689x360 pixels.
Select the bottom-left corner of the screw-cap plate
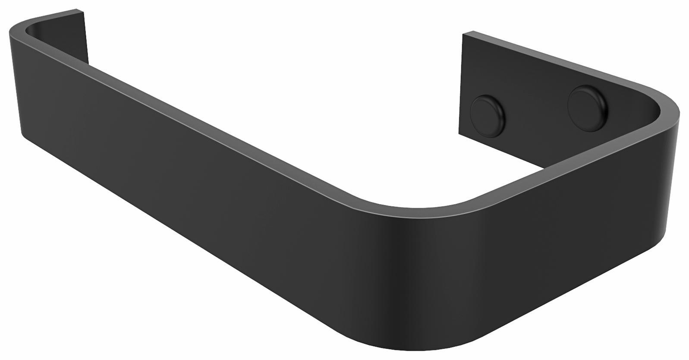pos(459,133)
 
